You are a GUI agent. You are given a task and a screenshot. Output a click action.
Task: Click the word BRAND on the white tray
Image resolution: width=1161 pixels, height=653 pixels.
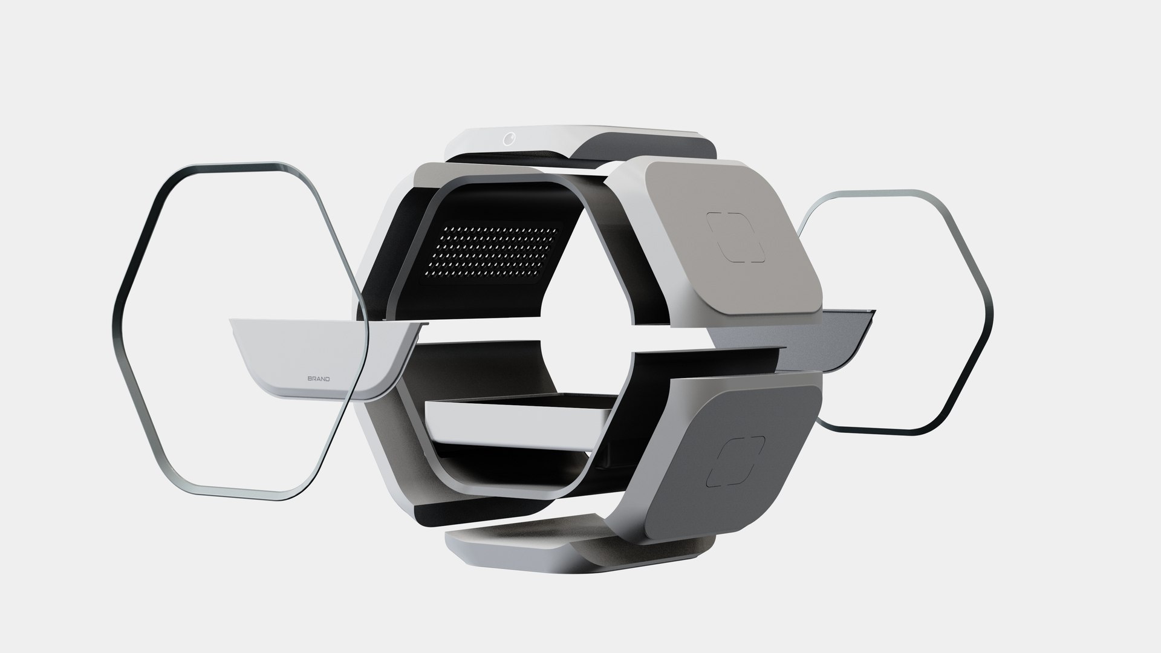[318, 379]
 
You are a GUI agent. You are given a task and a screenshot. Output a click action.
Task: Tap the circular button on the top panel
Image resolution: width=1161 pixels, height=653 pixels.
[507, 139]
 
